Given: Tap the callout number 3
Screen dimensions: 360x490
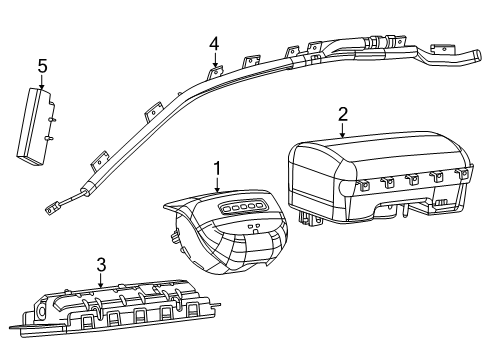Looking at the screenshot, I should tap(101, 264).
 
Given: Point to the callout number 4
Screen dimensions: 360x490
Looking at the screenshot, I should tap(214, 43).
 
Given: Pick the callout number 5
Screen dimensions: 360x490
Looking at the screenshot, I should tap(42, 66).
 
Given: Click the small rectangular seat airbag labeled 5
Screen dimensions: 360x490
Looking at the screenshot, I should tap(36, 122).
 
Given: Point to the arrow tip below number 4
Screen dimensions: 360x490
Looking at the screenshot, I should tap(214, 67).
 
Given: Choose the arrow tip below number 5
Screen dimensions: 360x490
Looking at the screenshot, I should tap(42, 89).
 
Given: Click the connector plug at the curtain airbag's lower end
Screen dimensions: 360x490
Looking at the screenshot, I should tap(49, 208).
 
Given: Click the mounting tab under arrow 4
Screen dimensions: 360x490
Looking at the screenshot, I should tap(214, 73).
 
